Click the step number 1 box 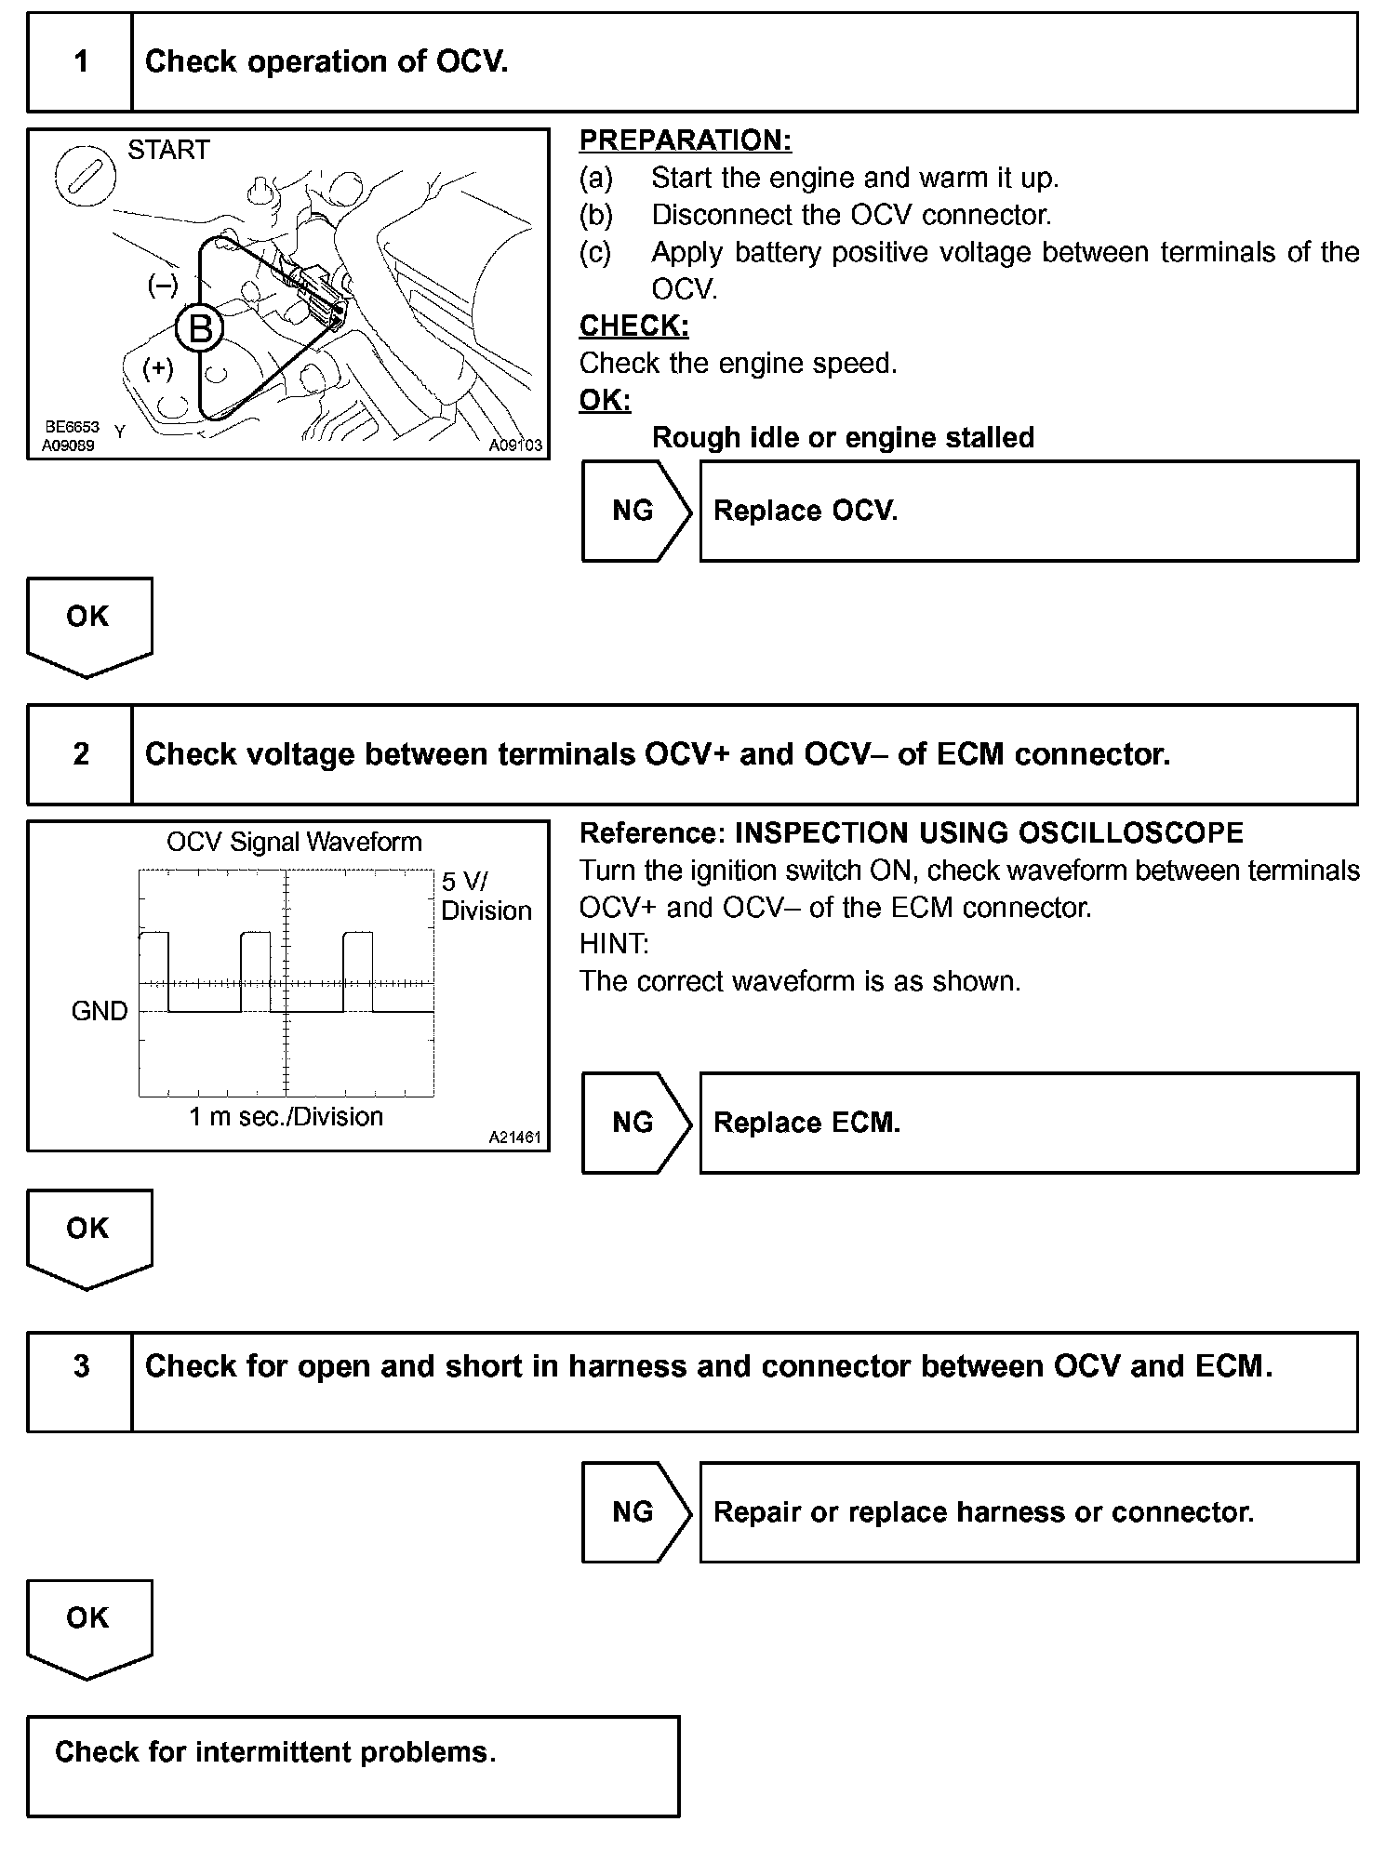click(81, 62)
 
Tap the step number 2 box click(81, 753)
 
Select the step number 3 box click(81, 1381)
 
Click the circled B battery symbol click(200, 329)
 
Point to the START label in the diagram click(168, 150)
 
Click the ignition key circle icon click(85, 176)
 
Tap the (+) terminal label click(158, 369)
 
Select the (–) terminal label click(163, 286)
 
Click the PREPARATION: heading click(685, 140)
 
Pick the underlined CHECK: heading click(633, 326)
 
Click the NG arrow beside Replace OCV click(635, 511)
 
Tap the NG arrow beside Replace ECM click(635, 1123)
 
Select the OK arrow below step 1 click(88, 625)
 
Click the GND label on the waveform click(100, 1011)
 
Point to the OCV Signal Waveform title click(294, 843)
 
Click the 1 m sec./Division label click(286, 1116)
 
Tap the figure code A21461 click(515, 1137)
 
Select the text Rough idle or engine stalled click(843, 437)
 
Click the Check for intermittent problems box click(353, 1766)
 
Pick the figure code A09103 click(515, 446)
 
